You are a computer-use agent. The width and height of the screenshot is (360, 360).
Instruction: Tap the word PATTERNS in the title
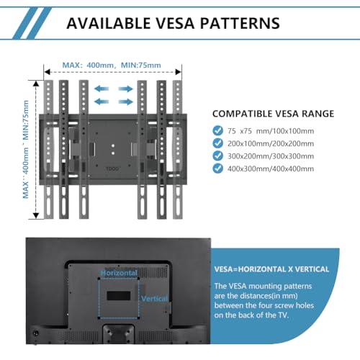tap(240, 23)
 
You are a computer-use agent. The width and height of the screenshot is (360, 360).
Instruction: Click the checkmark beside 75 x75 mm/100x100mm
tap(217, 130)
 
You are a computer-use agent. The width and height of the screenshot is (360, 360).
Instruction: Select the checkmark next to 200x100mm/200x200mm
tap(217, 143)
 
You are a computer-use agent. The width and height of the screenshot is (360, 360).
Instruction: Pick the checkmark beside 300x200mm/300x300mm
tap(217, 156)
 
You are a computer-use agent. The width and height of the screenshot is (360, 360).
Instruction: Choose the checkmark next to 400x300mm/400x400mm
tap(217, 168)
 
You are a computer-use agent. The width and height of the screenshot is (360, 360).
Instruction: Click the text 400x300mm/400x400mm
tap(271, 168)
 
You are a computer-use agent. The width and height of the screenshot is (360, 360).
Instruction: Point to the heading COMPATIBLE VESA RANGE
tap(273, 114)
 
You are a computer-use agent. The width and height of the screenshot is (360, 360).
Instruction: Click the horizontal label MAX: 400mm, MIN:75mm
tap(112, 65)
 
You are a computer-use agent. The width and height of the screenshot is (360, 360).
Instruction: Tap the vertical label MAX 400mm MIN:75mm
tap(25, 149)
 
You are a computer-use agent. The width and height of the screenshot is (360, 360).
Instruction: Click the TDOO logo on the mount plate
tap(112, 168)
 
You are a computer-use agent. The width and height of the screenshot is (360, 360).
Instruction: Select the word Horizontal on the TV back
tap(119, 273)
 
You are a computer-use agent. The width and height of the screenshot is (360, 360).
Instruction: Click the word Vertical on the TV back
tap(154, 299)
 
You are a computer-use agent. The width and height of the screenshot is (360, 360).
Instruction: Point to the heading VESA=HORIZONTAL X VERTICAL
tap(271, 269)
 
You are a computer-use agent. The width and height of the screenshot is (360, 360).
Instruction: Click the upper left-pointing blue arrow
tap(102, 89)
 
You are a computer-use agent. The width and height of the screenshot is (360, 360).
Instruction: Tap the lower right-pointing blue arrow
tap(125, 102)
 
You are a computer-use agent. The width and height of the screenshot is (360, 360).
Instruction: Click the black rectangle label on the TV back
tap(119, 296)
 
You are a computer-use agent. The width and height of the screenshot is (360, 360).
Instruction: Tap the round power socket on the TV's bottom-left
tap(36, 333)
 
